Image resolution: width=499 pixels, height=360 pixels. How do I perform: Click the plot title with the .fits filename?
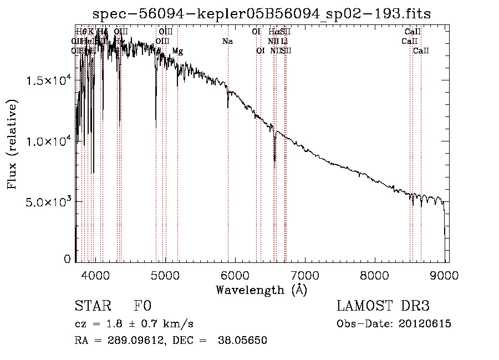262,13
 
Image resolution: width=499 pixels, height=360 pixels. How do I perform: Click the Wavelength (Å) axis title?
261,290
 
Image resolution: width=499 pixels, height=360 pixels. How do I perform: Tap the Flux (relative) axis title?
12,144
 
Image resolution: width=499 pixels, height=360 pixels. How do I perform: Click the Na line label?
227,42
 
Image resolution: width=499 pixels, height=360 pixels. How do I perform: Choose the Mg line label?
177,51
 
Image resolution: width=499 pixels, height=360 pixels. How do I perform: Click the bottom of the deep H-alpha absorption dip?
274,161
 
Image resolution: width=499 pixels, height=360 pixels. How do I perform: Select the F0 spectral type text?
142,306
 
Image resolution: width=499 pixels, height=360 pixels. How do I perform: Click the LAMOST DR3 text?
383,306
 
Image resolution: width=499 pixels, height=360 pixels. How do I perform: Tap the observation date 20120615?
424,324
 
